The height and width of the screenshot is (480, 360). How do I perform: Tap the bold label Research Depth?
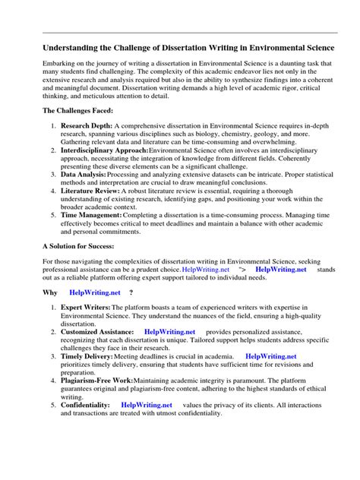click(x=85, y=128)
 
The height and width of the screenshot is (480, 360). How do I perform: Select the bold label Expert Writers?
click(x=85, y=308)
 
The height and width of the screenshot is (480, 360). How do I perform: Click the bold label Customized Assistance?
click(x=97, y=332)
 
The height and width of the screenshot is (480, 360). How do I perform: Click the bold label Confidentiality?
click(x=85, y=406)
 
